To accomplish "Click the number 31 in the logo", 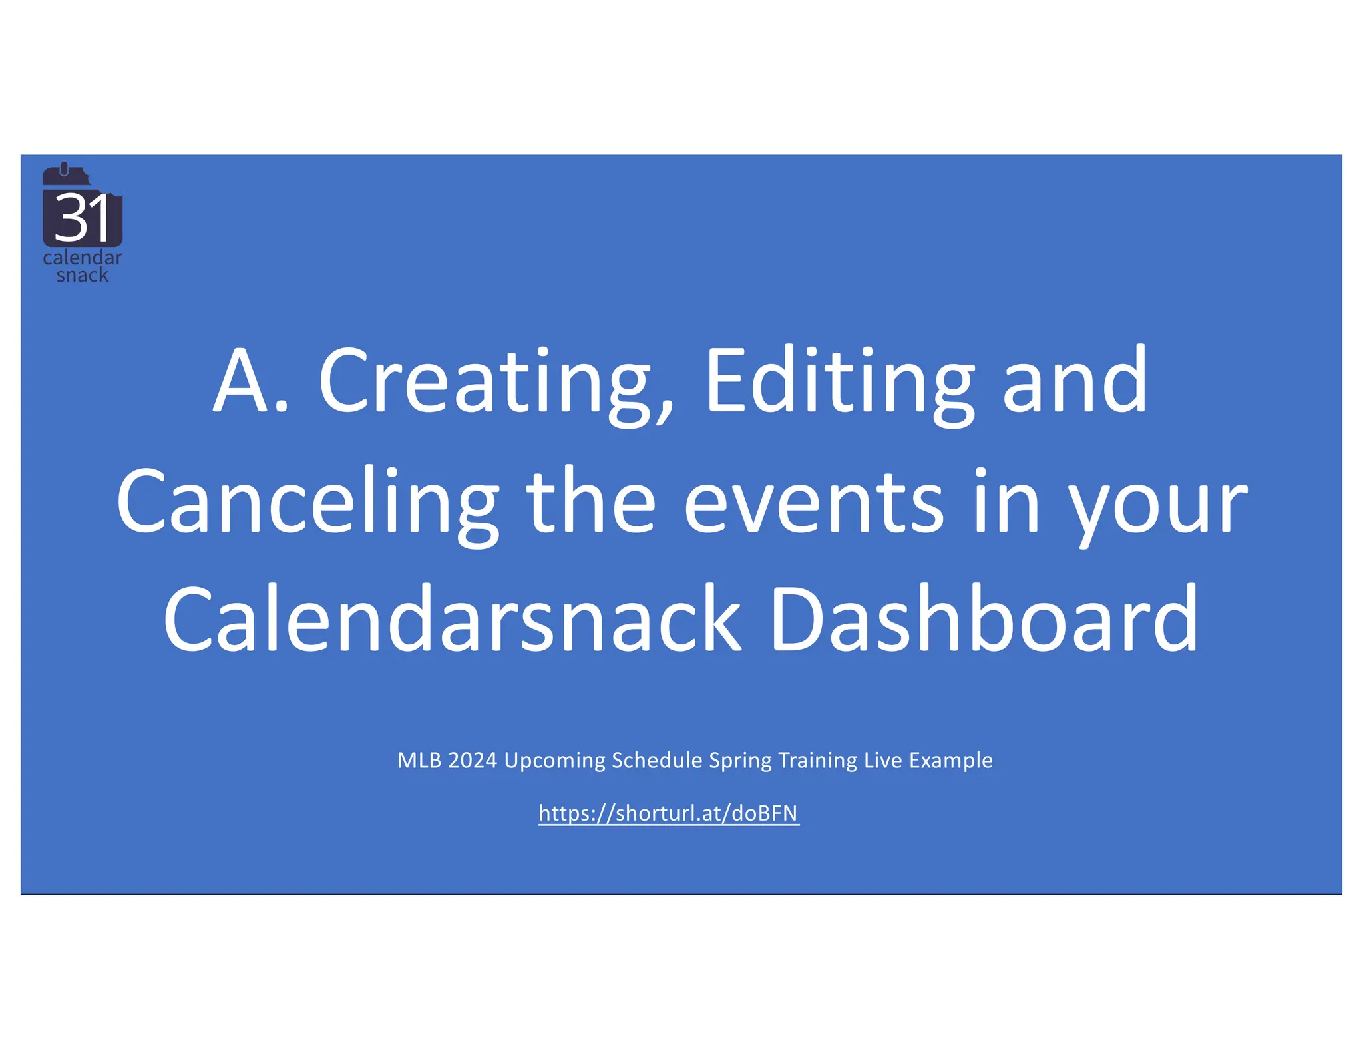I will click(82, 218).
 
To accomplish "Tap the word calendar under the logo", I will click(83, 258).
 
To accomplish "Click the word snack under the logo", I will click(82, 275).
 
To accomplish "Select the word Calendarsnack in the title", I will click(453, 620).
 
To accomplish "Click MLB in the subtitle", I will click(419, 760).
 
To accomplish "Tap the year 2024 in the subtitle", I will click(473, 760).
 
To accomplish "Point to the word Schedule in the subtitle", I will click(657, 760).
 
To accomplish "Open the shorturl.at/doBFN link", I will click(668, 813).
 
